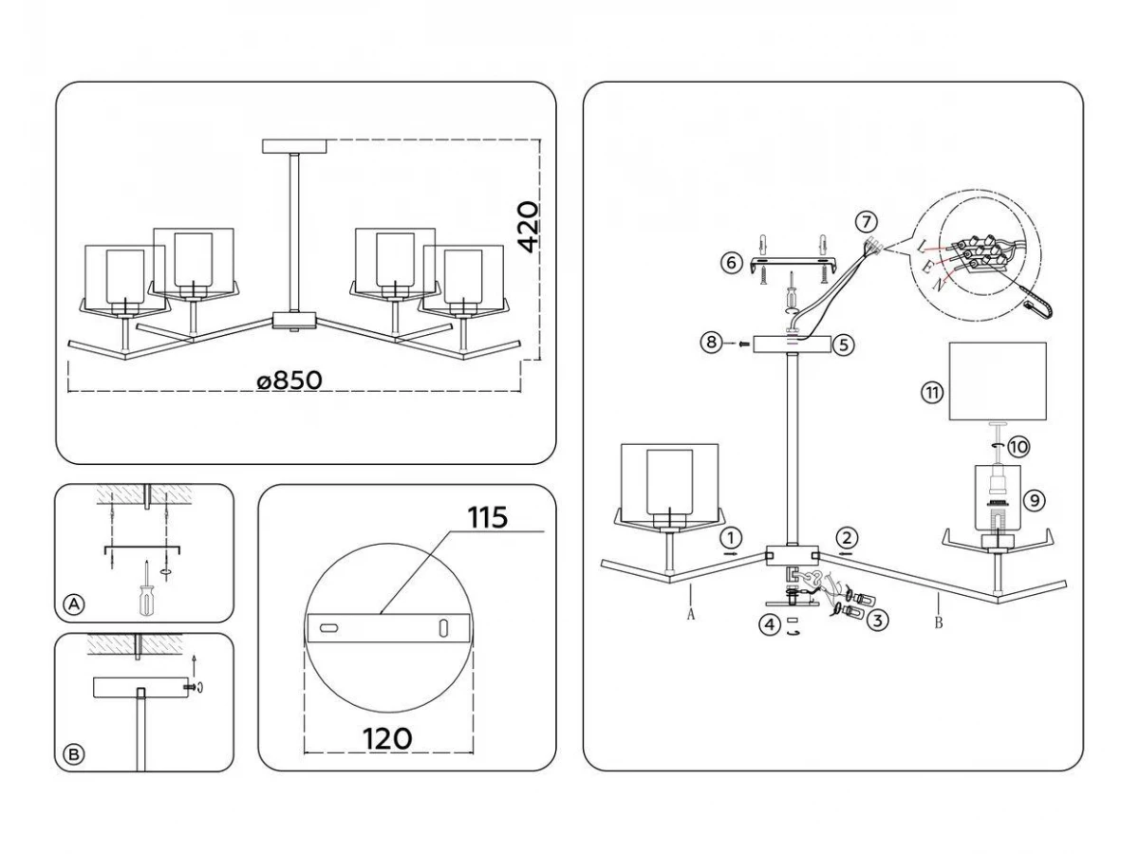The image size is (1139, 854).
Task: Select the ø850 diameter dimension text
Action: click(289, 381)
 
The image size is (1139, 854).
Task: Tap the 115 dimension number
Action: click(487, 517)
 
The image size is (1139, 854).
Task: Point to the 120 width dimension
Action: click(387, 739)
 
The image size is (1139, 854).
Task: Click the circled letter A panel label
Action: click(74, 604)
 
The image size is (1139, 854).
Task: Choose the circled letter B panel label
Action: click(74, 754)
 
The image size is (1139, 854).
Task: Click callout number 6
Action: click(731, 263)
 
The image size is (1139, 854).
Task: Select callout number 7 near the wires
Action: click(866, 222)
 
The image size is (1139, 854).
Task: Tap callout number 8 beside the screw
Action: click(712, 343)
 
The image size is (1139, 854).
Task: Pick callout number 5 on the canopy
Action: click(844, 344)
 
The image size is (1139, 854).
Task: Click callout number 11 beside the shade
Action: click(932, 393)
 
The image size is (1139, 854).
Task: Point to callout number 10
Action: click(1018, 446)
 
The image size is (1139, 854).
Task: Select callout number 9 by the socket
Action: click(1035, 500)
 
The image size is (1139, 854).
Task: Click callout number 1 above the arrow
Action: click(731, 539)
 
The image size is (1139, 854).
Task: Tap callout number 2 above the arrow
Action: click(847, 538)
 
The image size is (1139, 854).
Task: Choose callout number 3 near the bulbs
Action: click(877, 621)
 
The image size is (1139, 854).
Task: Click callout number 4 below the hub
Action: click(770, 624)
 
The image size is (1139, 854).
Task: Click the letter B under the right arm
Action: click(938, 622)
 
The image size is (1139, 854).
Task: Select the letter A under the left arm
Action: click(691, 615)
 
